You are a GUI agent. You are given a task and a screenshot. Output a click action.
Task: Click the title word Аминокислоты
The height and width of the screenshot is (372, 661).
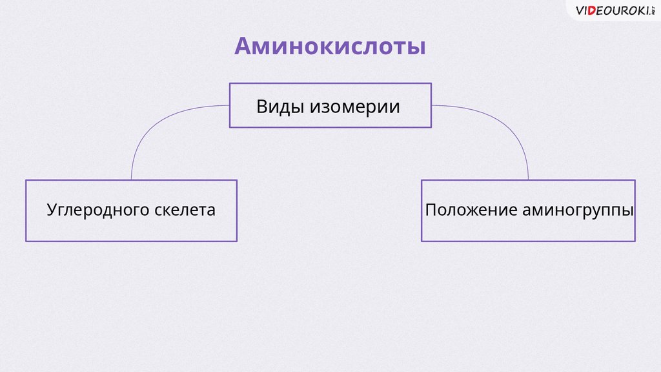click(329, 46)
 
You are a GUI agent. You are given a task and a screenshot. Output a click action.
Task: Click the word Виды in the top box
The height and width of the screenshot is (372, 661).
click(280, 107)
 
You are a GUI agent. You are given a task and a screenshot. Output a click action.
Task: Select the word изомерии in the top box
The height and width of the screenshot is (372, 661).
click(354, 107)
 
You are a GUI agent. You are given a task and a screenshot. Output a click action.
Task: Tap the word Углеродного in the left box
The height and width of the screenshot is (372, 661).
click(98, 211)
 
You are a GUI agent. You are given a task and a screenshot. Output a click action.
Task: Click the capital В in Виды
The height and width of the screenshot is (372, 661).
click(262, 107)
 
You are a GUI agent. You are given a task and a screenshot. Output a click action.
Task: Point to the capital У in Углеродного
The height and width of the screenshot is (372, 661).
click(52, 210)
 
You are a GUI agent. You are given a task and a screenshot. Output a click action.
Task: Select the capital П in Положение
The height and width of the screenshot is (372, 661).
click(431, 210)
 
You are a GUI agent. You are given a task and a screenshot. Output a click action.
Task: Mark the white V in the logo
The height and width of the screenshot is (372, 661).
click(581, 10)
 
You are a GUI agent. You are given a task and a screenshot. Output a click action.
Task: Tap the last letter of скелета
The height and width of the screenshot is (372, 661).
click(210, 211)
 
